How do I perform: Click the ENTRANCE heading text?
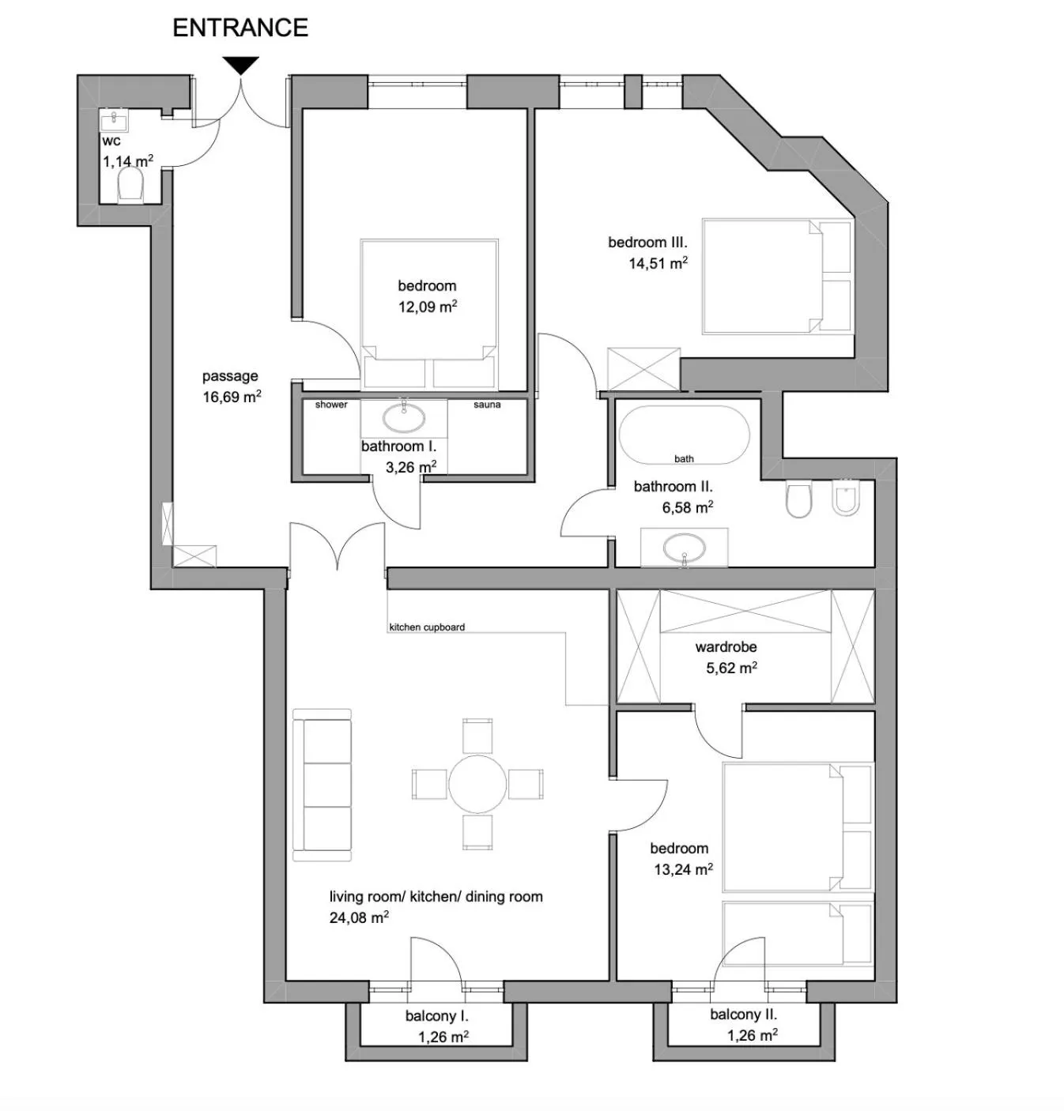pos(240,28)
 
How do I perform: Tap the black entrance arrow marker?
pos(240,65)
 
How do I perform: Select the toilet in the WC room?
pos(130,188)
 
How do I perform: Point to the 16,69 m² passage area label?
pos(232,397)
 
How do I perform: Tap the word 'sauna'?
pos(487,405)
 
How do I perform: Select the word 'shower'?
pos(331,405)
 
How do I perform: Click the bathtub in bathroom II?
pos(684,435)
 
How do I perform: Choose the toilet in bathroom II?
pos(798,499)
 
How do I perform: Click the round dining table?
pos(477,784)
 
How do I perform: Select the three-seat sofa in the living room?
pos(323,785)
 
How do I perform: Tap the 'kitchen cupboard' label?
pos(427,627)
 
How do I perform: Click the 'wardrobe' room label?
pos(726,647)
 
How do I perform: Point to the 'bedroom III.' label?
pos(647,243)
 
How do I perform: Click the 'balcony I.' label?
pos(436,1016)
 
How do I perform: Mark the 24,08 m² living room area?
pos(358,918)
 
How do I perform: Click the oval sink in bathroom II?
pos(684,548)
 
